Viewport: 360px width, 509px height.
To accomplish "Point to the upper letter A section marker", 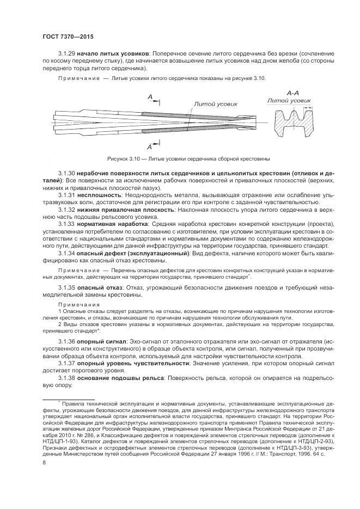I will point(149,97).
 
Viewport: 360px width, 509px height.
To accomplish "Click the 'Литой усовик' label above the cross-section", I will point(289,101).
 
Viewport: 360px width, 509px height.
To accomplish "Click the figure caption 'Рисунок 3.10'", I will point(126,158).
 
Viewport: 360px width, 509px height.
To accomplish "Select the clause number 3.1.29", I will point(66,54).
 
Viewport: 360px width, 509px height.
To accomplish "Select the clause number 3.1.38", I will point(66,377).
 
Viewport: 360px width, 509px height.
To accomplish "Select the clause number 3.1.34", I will point(66,253).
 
